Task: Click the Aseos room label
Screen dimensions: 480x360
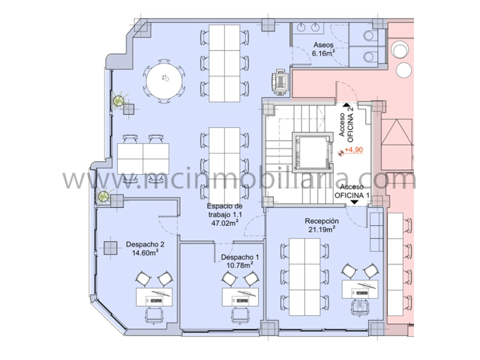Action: click(x=323, y=45)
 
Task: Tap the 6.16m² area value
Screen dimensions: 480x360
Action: click(x=323, y=53)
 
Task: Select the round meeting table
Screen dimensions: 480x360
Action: click(x=164, y=81)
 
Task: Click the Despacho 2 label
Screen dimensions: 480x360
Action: click(x=145, y=245)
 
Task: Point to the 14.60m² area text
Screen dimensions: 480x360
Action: click(x=145, y=253)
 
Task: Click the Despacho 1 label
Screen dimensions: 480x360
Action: click(x=240, y=257)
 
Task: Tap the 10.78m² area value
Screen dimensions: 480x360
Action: click(x=240, y=265)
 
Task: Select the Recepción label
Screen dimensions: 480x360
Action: click(x=322, y=221)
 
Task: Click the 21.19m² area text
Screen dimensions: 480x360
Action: click(x=322, y=229)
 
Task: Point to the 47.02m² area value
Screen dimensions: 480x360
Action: click(x=225, y=223)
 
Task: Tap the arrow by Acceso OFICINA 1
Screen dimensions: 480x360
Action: click(x=355, y=202)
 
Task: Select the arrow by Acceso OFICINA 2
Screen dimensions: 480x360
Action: click(x=347, y=105)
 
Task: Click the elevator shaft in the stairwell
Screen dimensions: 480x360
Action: click(x=313, y=152)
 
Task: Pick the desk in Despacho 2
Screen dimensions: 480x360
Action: click(x=154, y=297)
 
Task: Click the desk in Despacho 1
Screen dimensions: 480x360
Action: click(x=240, y=297)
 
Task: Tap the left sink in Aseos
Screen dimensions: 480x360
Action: click(x=301, y=27)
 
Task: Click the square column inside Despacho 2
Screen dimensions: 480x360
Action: click(x=111, y=248)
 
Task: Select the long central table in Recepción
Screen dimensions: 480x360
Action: click(x=305, y=277)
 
